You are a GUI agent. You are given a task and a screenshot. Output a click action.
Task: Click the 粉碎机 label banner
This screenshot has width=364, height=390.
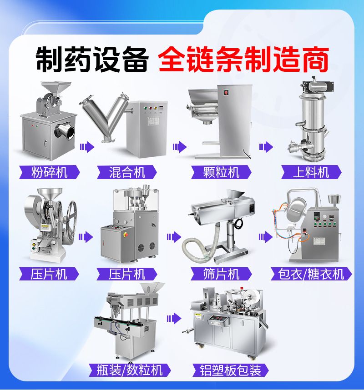(x=49, y=172)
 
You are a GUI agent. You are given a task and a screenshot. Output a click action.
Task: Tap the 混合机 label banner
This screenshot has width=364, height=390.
(x=127, y=172)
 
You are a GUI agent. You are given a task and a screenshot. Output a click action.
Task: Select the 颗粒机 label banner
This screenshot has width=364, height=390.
(x=221, y=172)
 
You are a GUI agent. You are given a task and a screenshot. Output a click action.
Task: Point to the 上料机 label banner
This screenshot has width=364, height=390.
(x=311, y=172)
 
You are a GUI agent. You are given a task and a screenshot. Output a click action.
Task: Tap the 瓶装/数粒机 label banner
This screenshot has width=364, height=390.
(x=130, y=370)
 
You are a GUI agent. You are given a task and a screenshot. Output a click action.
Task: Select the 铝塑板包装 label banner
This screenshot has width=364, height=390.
(x=231, y=370)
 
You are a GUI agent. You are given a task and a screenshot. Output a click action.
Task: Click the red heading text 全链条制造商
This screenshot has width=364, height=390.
(x=243, y=59)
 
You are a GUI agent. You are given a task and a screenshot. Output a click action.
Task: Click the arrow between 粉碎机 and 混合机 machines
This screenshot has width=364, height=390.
(x=87, y=147)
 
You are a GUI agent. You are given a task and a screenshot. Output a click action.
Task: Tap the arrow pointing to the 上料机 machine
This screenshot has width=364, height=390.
(x=266, y=147)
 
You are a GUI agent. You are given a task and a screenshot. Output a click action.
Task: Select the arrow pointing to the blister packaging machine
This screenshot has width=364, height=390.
(x=174, y=318)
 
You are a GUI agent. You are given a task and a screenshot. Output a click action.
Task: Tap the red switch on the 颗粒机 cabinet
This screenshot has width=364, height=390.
(x=226, y=93)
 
